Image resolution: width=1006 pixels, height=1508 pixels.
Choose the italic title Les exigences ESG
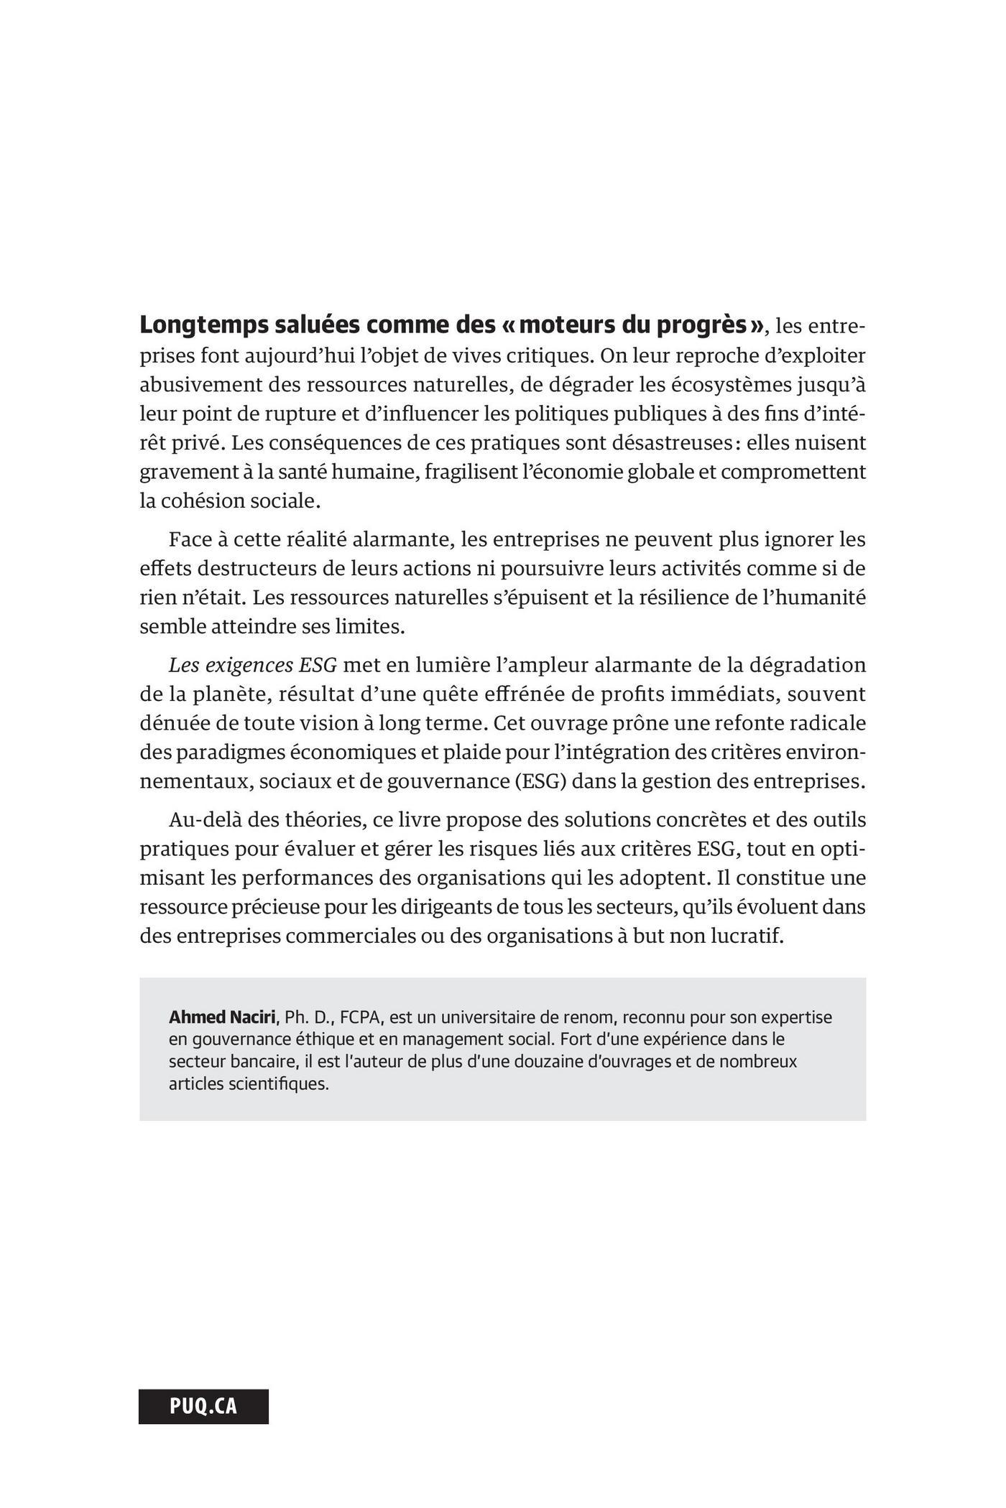pyautogui.click(x=252, y=665)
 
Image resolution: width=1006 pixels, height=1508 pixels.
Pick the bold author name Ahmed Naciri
pyautogui.click(x=222, y=1018)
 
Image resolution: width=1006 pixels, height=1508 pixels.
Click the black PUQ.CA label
pyautogui.click(x=203, y=1406)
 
